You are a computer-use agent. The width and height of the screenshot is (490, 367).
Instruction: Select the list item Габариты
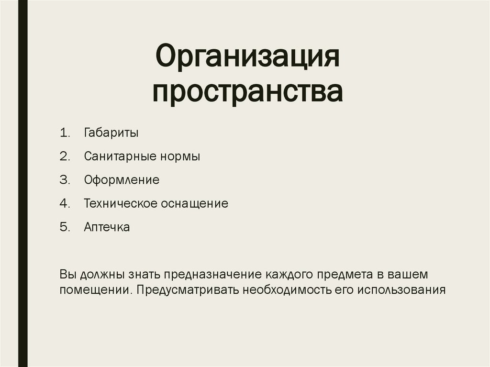[111, 133]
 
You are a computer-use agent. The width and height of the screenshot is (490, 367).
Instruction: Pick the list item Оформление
[122, 180]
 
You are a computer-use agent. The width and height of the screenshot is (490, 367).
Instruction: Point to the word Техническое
[121, 204]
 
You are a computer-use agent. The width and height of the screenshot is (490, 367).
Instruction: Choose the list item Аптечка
[107, 227]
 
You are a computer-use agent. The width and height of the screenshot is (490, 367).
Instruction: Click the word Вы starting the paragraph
[67, 275]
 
